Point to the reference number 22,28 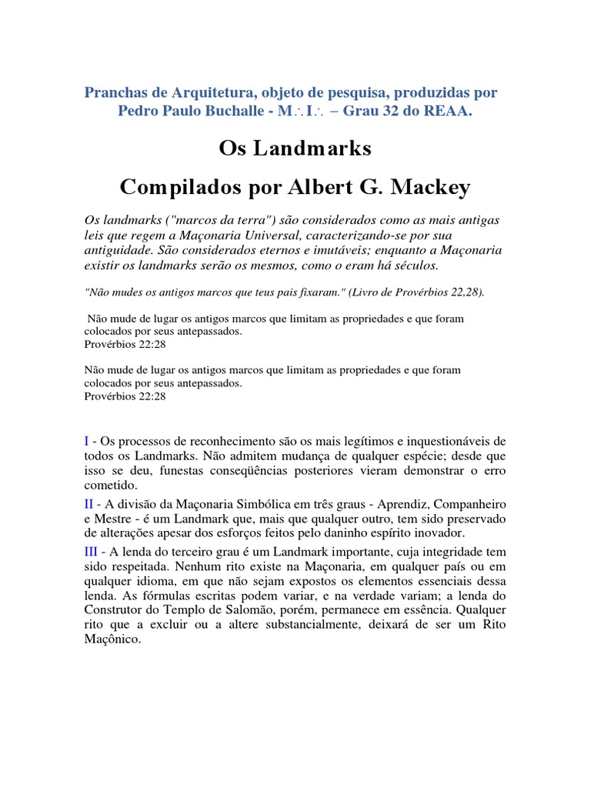[462, 292]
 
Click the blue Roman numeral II [90, 503]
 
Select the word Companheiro [469, 503]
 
